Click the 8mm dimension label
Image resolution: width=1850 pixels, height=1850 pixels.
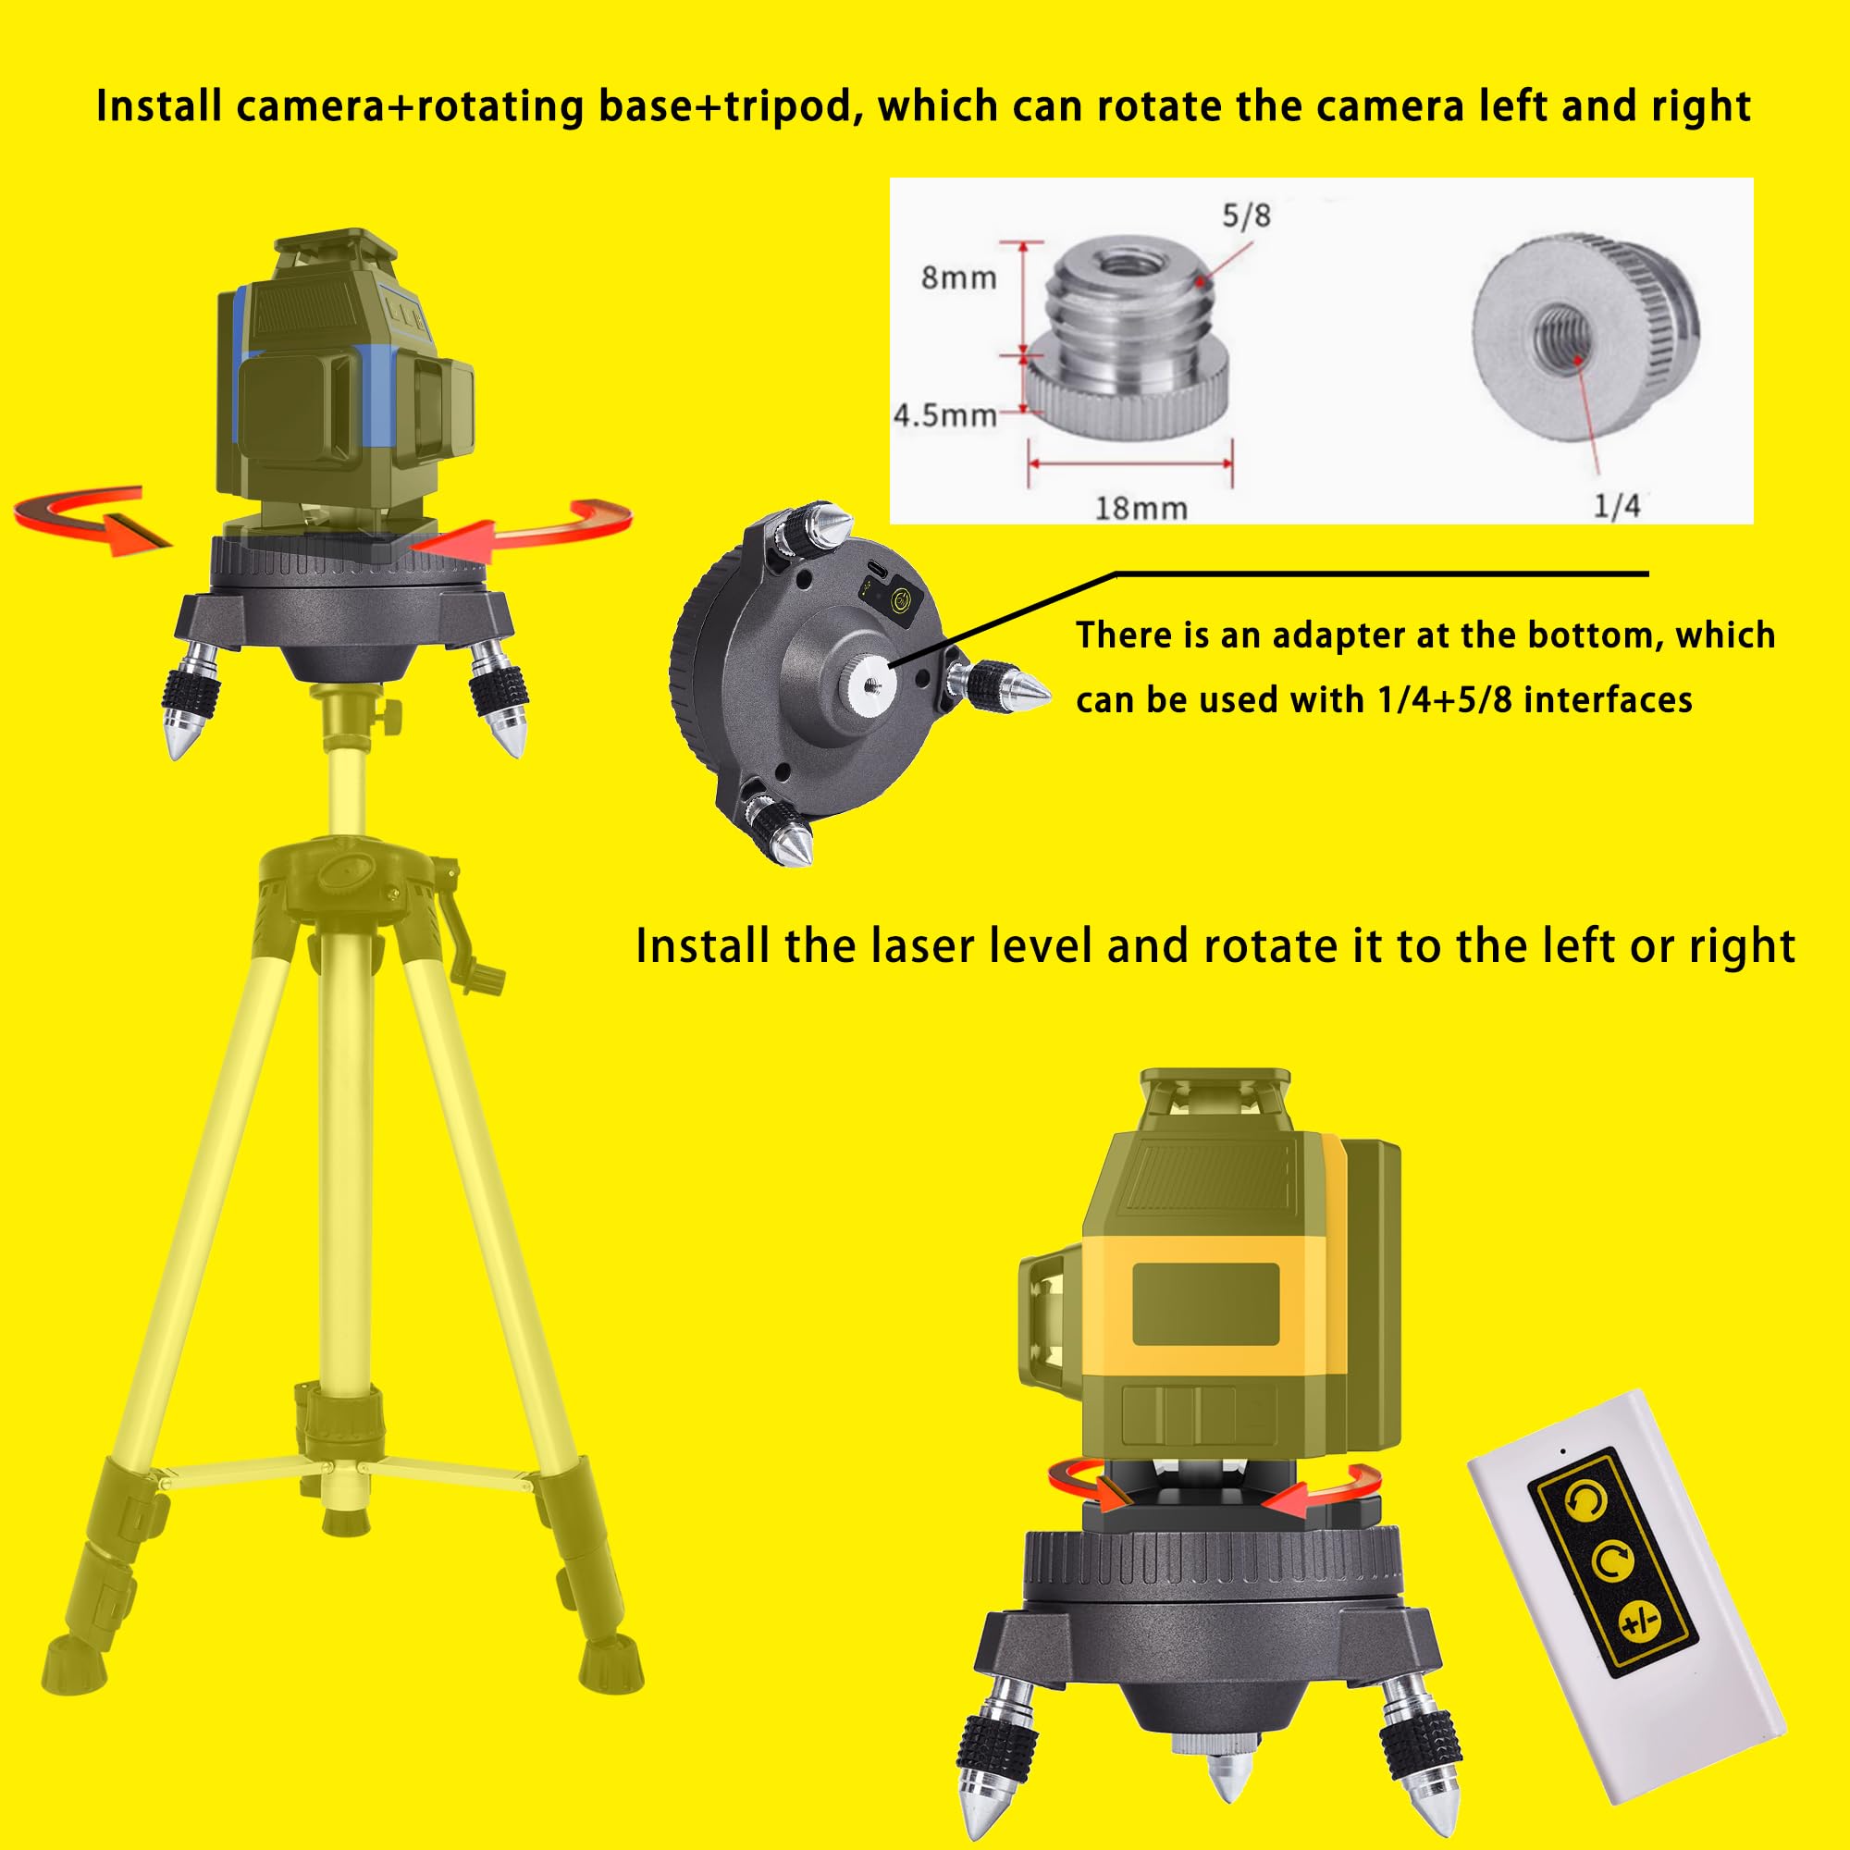point(958,277)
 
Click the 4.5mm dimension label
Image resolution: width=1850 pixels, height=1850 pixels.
point(944,415)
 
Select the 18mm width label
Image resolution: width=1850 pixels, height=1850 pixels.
point(1141,508)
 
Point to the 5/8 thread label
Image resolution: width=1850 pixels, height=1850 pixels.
point(1246,216)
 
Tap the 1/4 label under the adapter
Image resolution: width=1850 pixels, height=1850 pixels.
point(1616,506)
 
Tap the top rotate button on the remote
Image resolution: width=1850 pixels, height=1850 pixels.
point(1585,1500)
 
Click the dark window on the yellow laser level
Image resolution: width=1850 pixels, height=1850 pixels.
point(1205,1303)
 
